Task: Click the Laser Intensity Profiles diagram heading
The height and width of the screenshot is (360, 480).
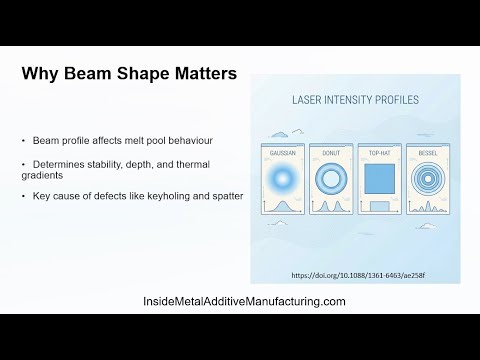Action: point(355,101)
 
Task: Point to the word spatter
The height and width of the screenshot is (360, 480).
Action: point(226,195)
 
